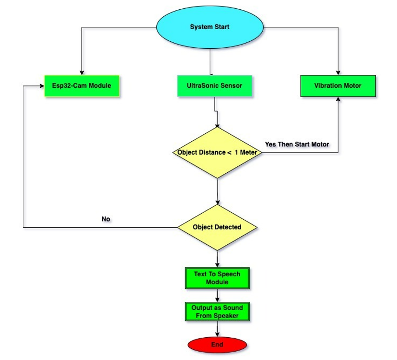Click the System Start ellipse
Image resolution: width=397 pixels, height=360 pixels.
(209, 27)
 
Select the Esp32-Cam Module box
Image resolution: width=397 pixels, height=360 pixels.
(82, 86)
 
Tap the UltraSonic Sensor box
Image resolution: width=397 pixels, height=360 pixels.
(214, 86)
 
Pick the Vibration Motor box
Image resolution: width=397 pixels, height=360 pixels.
(337, 86)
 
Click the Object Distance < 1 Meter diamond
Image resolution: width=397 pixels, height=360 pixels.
(217, 152)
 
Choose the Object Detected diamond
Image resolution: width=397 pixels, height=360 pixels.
(217, 227)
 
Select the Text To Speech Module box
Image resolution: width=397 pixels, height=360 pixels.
(217, 278)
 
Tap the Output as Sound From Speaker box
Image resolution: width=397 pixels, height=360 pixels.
(217, 311)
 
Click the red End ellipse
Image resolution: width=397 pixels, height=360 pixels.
(217, 345)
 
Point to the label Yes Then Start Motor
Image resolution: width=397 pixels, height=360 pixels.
(297, 144)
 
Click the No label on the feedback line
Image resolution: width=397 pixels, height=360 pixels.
(106, 219)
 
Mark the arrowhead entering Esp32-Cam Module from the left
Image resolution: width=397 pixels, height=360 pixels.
(42, 86)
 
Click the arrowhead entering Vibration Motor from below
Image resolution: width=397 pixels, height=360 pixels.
(338, 99)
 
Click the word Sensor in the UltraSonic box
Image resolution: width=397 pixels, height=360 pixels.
(232, 86)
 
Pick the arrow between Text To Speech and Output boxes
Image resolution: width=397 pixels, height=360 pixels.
(217, 295)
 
